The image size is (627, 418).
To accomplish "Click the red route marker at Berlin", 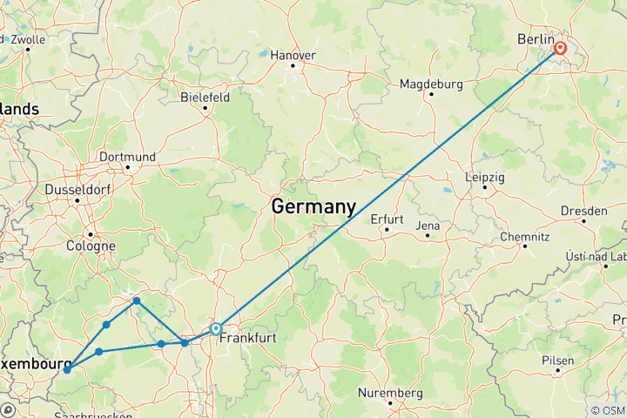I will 559,50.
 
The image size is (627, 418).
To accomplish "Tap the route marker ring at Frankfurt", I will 216,329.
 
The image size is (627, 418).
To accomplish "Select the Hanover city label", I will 292,54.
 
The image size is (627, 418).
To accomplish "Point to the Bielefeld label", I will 205,98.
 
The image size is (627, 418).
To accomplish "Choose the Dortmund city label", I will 127,157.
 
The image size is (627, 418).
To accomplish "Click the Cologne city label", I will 91,246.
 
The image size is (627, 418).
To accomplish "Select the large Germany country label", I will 313,207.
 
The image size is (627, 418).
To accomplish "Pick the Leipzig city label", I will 485,176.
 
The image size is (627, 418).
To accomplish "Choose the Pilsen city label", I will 557,359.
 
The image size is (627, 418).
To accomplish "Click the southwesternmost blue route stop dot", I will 67,370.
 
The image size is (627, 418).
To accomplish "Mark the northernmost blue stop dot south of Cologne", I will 137,300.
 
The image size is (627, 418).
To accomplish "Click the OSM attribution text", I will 610,410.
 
